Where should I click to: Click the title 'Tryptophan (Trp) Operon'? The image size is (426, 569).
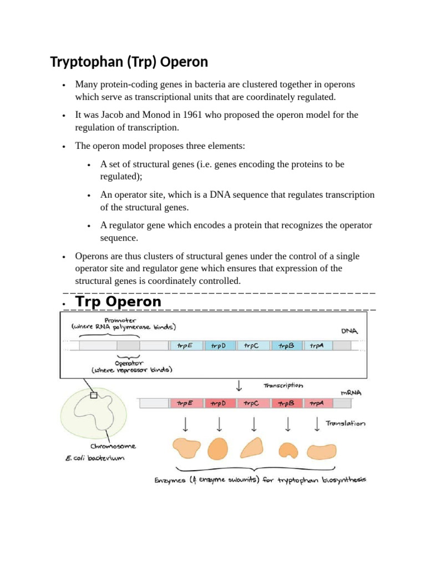click(129, 61)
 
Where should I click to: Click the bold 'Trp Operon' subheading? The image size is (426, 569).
click(118, 302)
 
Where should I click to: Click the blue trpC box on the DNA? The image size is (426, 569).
click(253, 345)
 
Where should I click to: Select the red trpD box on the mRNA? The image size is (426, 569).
click(219, 403)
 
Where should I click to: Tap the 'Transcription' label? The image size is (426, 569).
click(283, 385)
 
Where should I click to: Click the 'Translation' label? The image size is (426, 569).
click(346, 423)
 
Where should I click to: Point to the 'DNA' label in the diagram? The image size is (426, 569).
click(349, 331)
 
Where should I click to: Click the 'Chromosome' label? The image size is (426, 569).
click(113, 446)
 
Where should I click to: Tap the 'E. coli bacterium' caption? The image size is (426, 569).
click(94, 458)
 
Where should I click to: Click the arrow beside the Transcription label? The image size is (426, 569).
click(239, 385)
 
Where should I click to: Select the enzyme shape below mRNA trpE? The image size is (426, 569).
click(186, 448)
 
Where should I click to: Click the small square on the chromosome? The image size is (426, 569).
click(94, 396)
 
